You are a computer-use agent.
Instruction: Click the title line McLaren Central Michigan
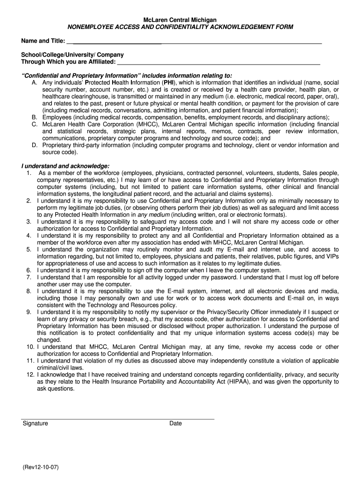click(180, 20)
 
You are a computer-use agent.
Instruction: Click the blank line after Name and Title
click(194, 43)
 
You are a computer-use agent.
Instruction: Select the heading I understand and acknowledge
click(65, 166)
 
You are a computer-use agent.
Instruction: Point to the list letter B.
click(35, 117)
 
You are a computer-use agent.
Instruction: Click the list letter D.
click(35, 145)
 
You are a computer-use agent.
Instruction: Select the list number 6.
click(29, 270)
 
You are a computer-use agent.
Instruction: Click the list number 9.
click(29, 312)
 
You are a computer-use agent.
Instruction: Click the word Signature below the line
click(36, 423)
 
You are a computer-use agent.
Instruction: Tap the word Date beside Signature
click(176, 423)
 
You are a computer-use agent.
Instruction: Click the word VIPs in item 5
click(331, 256)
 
